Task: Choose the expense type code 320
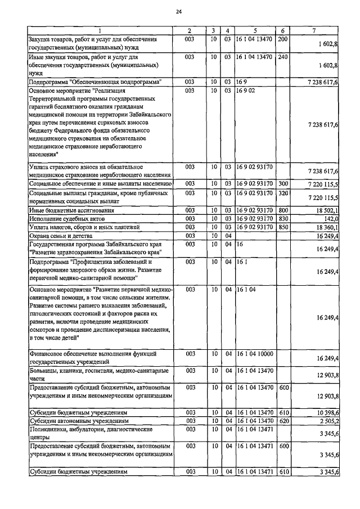point(283,193)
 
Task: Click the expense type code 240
point(283,57)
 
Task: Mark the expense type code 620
point(283,421)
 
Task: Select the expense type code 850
point(283,227)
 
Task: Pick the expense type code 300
point(283,184)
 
